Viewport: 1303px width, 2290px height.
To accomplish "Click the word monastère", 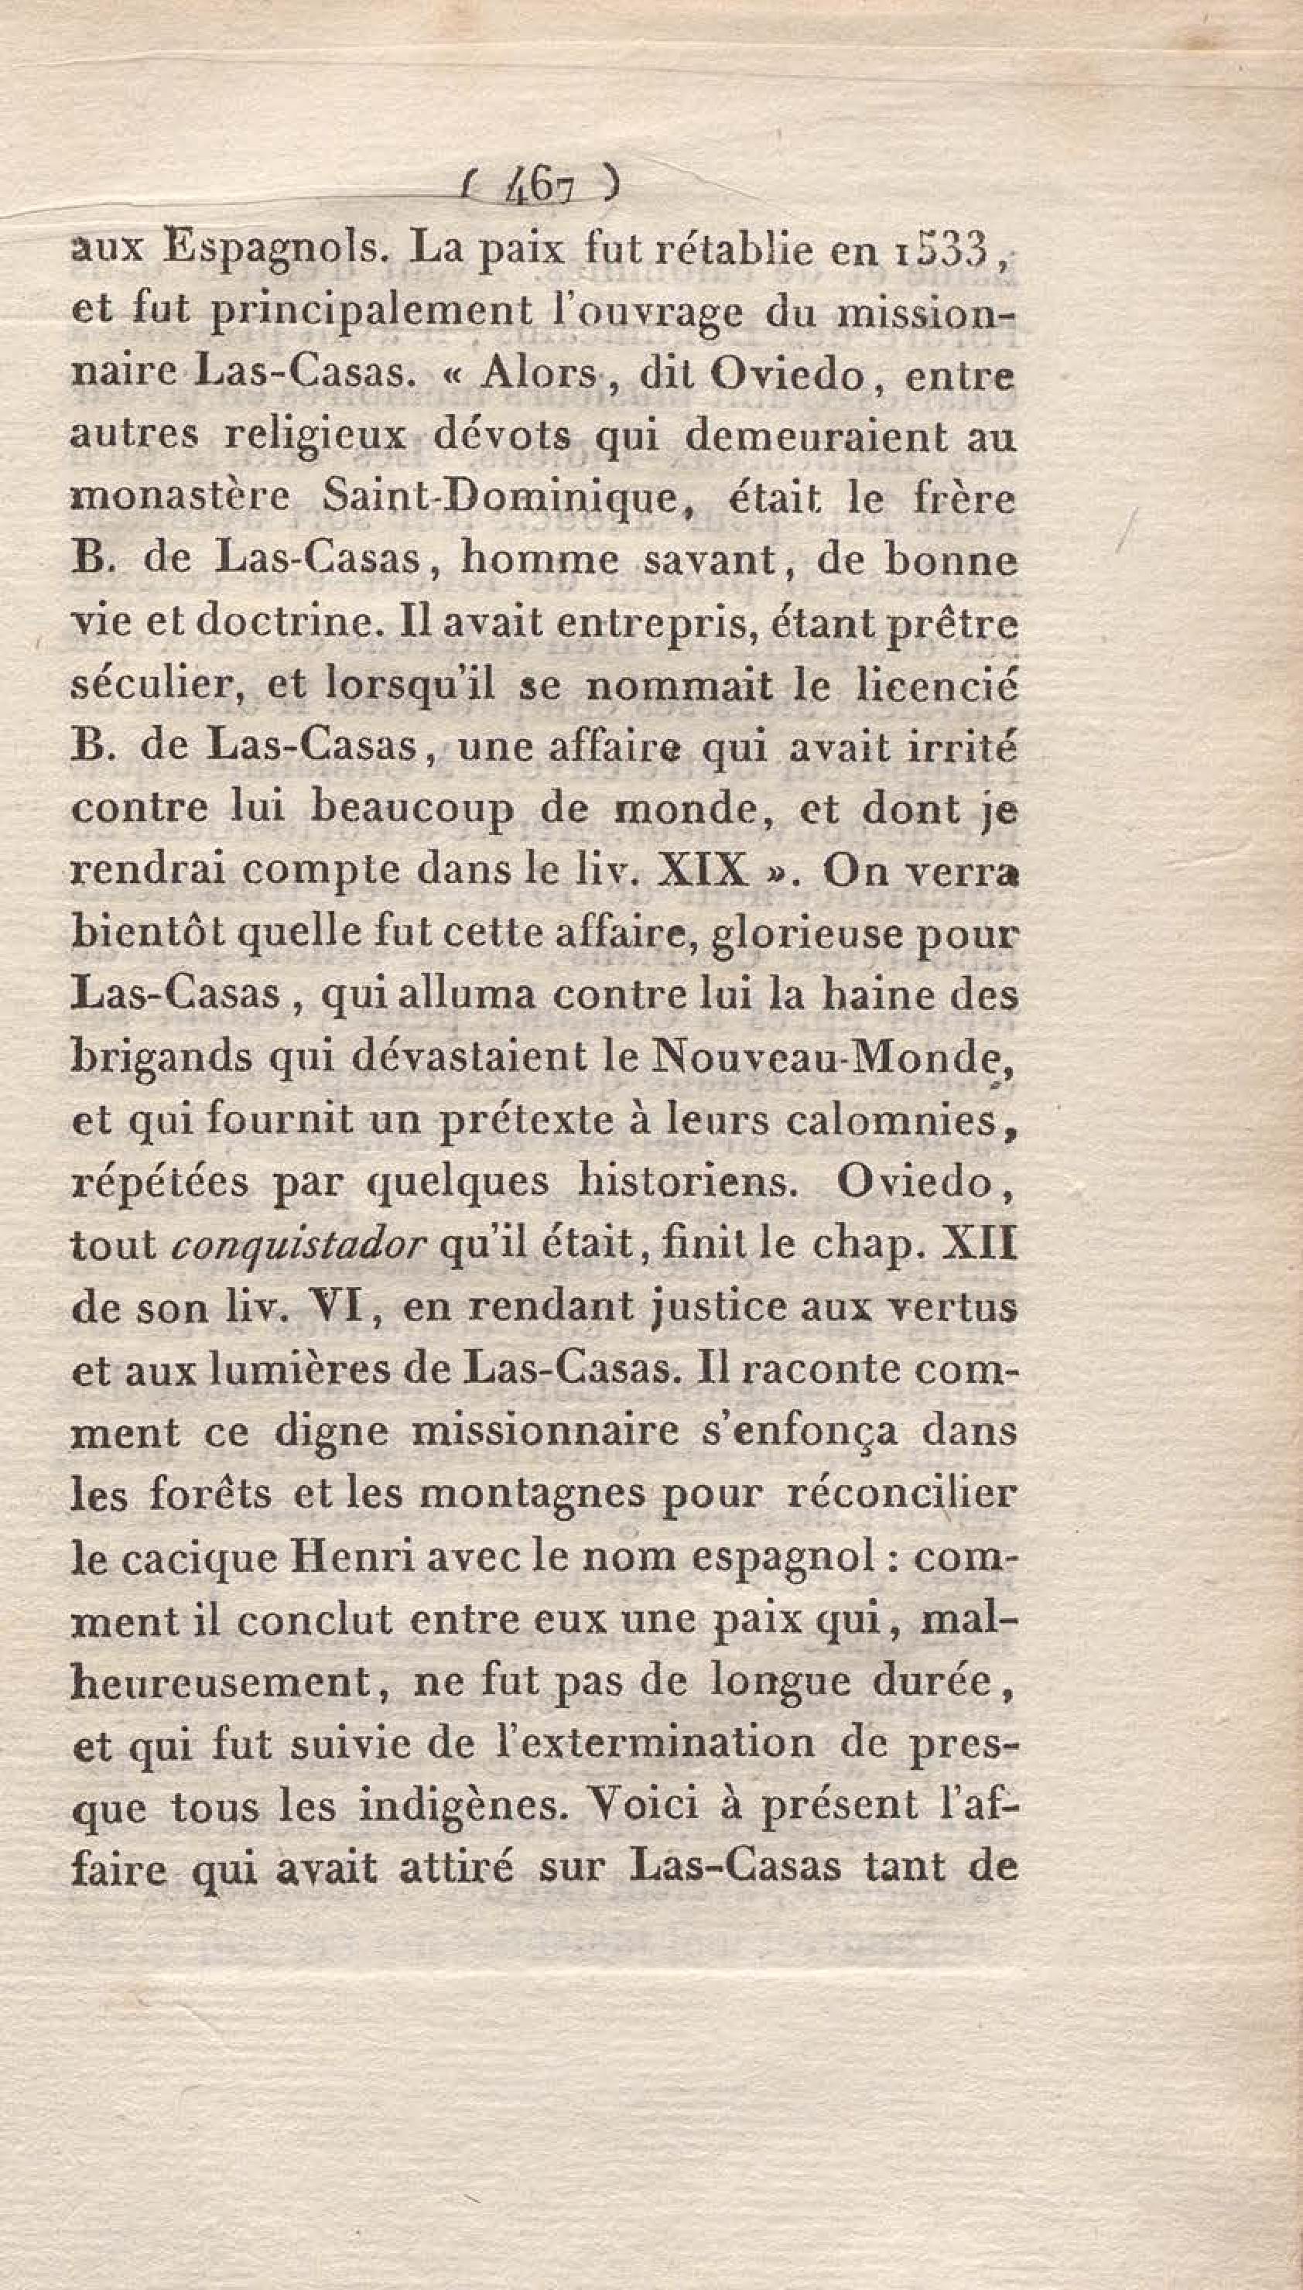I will pos(179,498).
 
